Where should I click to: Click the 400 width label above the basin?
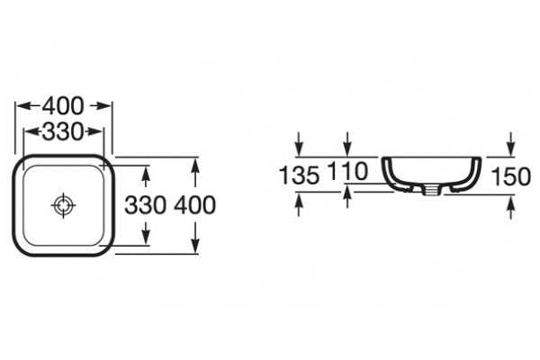pyautogui.click(x=63, y=106)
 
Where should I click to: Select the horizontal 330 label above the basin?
pyautogui.click(x=63, y=131)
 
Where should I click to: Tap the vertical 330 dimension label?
pyautogui.click(x=145, y=205)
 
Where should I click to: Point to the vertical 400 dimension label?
pyautogui.click(x=195, y=205)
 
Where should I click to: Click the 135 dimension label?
pyautogui.click(x=299, y=175)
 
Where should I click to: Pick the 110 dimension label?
pyautogui.click(x=347, y=171)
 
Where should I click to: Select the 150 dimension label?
pyautogui.click(x=510, y=176)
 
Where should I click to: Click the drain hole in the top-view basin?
pyautogui.click(x=63, y=205)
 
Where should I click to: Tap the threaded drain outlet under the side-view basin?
pyautogui.click(x=430, y=190)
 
